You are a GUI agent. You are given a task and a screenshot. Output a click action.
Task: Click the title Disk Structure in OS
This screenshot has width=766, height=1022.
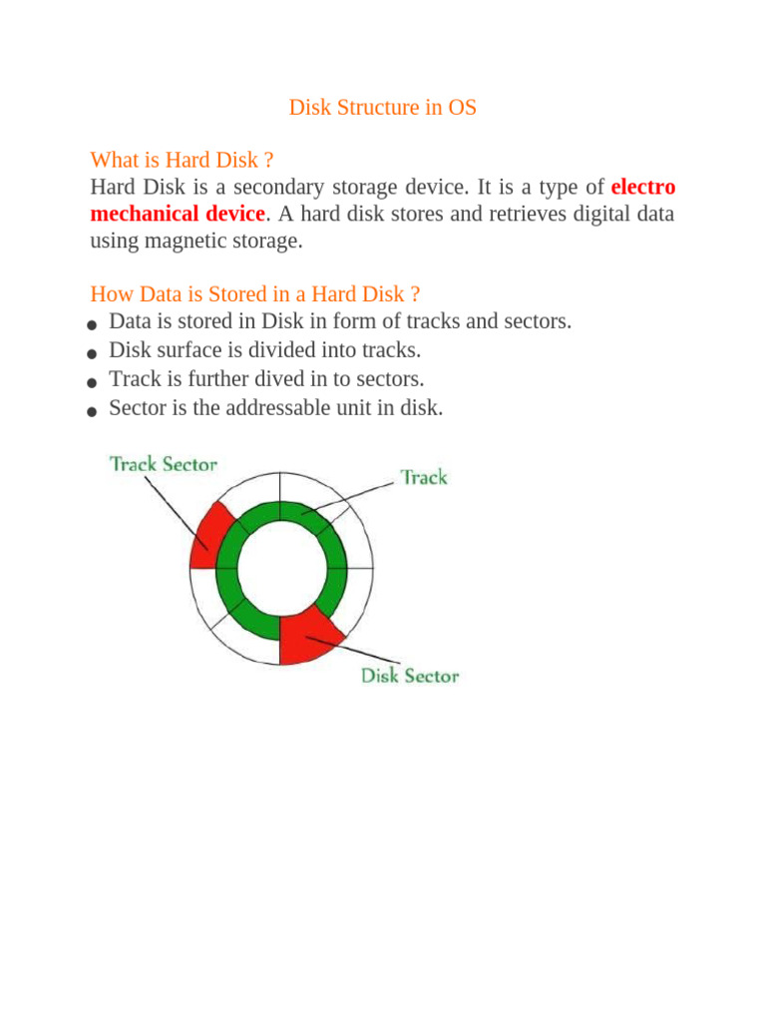tap(383, 108)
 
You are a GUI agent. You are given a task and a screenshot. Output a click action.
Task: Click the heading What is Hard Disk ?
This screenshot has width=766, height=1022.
tap(182, 160)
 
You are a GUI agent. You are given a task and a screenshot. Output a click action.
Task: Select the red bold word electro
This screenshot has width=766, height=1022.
tap(642, 188)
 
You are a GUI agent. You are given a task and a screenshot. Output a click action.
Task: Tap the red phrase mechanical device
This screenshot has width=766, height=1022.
tap(178, 214)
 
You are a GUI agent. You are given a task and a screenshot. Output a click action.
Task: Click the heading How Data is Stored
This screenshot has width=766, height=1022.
tap(254, 294)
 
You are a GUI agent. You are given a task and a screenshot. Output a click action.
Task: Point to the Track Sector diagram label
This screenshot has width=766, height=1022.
tap(163, 464)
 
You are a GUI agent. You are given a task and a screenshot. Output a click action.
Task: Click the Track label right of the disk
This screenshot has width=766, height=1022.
tap(424, 477)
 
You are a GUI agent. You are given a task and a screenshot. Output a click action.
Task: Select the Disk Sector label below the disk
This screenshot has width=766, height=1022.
tap(409, 676)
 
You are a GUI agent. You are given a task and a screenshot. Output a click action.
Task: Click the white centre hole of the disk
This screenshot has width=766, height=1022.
tap(282, 566)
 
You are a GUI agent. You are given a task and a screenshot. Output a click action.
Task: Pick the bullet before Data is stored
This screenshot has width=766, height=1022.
tap(92, 325)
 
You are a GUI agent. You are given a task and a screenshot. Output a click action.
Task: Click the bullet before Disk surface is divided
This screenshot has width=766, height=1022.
tap(92, 353)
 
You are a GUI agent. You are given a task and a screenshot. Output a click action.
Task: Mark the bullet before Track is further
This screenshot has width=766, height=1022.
tap(92, 382)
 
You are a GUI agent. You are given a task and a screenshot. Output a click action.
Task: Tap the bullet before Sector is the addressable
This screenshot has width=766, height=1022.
tap(92, 410)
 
